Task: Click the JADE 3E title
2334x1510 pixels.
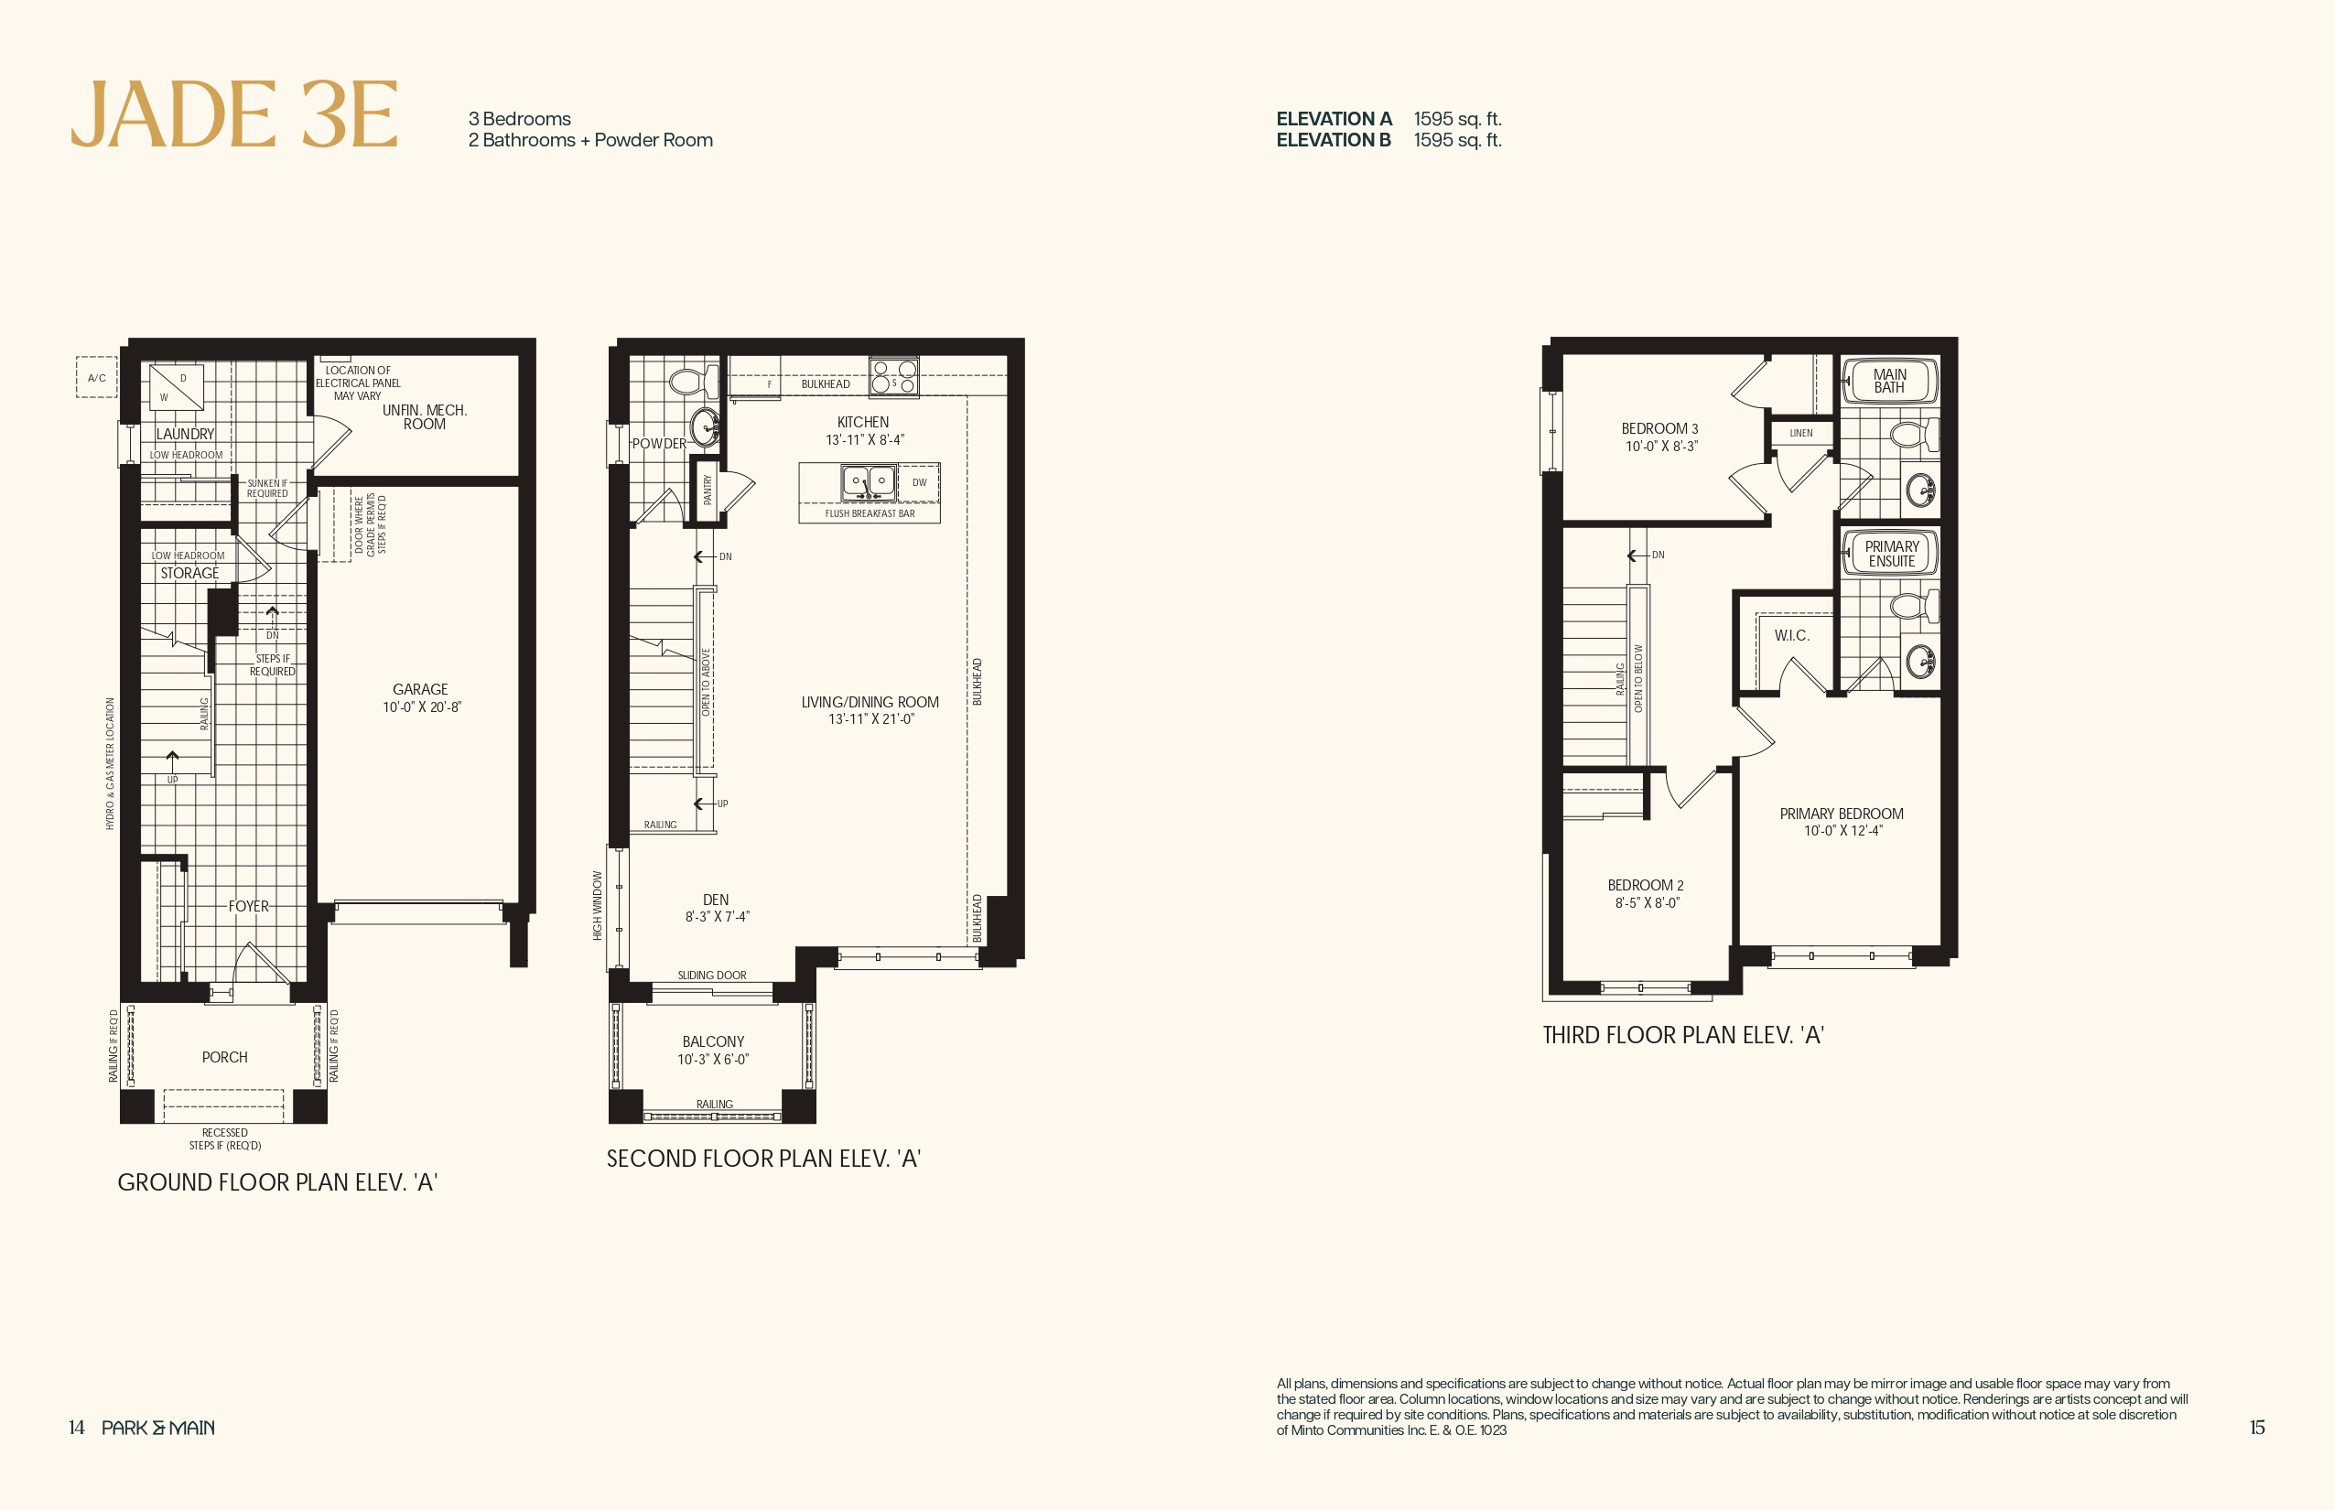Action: pyautogui.click(x=234, y=114)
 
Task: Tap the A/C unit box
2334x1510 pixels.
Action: pyautogui.click(x=96, y=377)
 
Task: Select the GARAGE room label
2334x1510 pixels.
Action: pyautogui.click(x=420, y=689)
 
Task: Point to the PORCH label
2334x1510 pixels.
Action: pyautogui.click(x=224, y=1057)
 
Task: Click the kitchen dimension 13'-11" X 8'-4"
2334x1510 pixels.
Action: pyautogui.click(x=865, y=440)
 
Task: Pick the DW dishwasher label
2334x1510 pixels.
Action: pyautogui.click(x=919, y=482)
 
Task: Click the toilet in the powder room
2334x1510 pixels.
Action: pyautogui.click(x=692, y=382)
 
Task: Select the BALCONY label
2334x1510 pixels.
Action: pyautogui.click(x=713, y=1041)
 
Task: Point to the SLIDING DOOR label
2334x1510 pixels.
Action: pyautogui.click(x=712, y=976)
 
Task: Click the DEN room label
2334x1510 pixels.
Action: pyautogui.click(x=716, y=899)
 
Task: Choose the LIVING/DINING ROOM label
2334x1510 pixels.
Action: pyautogui.click(x=870, y=702)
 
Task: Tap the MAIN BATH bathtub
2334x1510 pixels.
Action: pyautogui.click(x=1890, y=382)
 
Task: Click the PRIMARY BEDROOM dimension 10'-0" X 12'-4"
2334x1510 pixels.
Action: pyautogui.click(x=1842, y=831)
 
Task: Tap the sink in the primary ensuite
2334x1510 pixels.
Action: pyautogui.click(x=1920, y=660)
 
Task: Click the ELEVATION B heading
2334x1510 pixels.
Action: pyautogui.click(x=1334, y=140)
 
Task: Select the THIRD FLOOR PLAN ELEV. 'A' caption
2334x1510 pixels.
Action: pyautogui.click(x=1683, y=1035)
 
